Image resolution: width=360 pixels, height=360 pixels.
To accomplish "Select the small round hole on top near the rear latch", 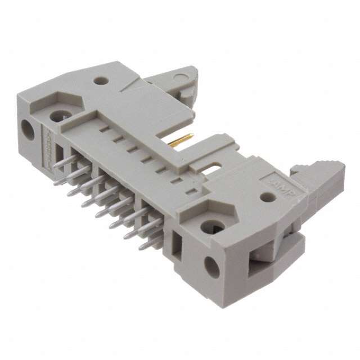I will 101,81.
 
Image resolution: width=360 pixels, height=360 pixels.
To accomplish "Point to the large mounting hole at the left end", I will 60,116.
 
